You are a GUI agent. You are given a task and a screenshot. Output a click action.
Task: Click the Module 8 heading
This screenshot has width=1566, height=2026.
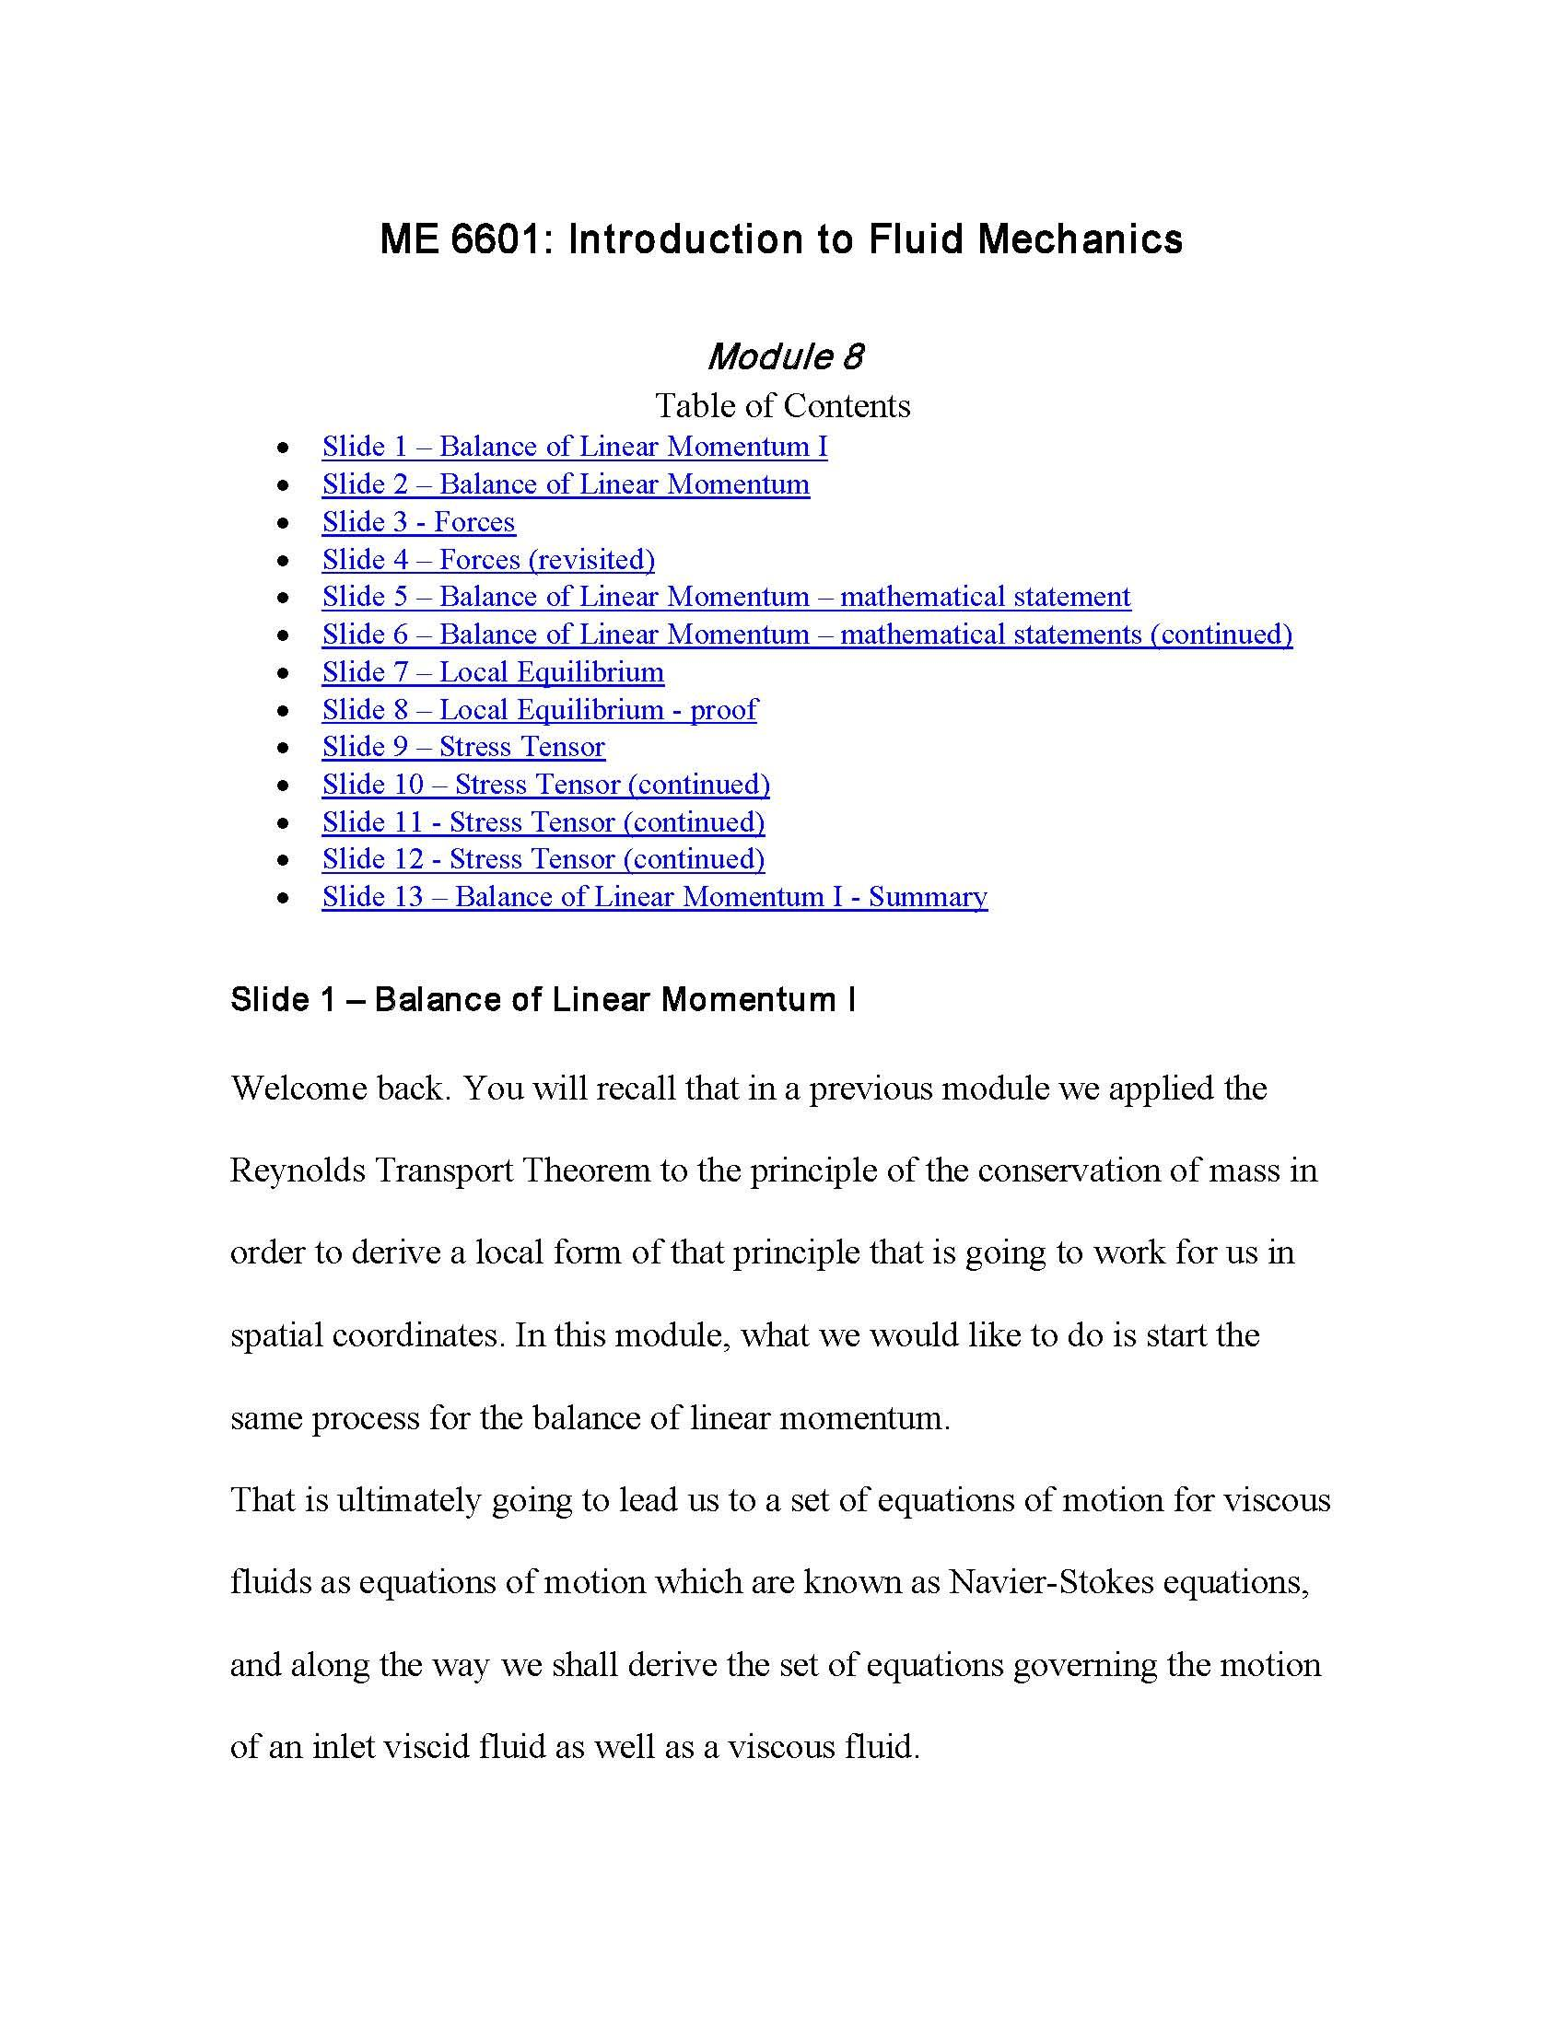pyautogui.click(x=784, y=356)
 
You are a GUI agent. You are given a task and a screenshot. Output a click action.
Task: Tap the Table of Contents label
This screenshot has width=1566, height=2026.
pyautogui.click(x=783, y=405)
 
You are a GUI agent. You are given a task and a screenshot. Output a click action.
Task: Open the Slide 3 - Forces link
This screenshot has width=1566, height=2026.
pyautogui.click(x=418, y=522)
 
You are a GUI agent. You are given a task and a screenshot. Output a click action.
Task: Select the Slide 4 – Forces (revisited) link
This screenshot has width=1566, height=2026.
pyautogui.click(x=488, y=559)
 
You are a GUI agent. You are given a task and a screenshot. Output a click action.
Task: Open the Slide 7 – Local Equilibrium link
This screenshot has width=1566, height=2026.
pyautogui.click(x=493, y=671)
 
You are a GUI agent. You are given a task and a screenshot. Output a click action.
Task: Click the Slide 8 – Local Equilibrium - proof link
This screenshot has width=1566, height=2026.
pyautogui.click(x=539, y=710)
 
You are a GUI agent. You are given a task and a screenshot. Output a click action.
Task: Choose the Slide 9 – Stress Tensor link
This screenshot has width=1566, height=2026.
pyautogui.click(x=463, y=747)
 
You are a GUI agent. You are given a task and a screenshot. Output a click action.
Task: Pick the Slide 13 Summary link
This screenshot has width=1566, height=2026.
pyautogui.click(x=654, y=897)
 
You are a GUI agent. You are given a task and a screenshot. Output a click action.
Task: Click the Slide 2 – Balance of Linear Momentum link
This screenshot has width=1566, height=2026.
pyautogui.click(x=565, y=484)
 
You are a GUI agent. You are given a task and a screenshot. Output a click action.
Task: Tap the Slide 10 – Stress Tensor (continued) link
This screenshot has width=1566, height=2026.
pyautogui.click(x=545, y=785)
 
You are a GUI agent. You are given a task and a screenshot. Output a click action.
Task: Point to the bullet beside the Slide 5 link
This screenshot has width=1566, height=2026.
pyautogui.click(x=284, y=598)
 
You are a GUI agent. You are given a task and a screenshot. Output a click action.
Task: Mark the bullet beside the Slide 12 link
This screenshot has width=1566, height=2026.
pyautogui.click(x=284, y=860)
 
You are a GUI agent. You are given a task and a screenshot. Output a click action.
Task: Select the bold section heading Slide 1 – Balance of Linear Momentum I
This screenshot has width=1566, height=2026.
pyautogui.click(x=543, y=1000)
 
